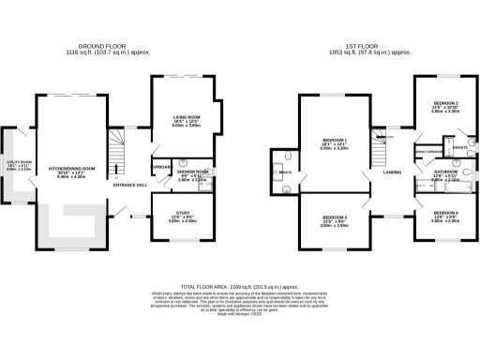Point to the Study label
point(179,216)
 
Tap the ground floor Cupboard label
point(160,167)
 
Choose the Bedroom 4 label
point(444,216)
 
